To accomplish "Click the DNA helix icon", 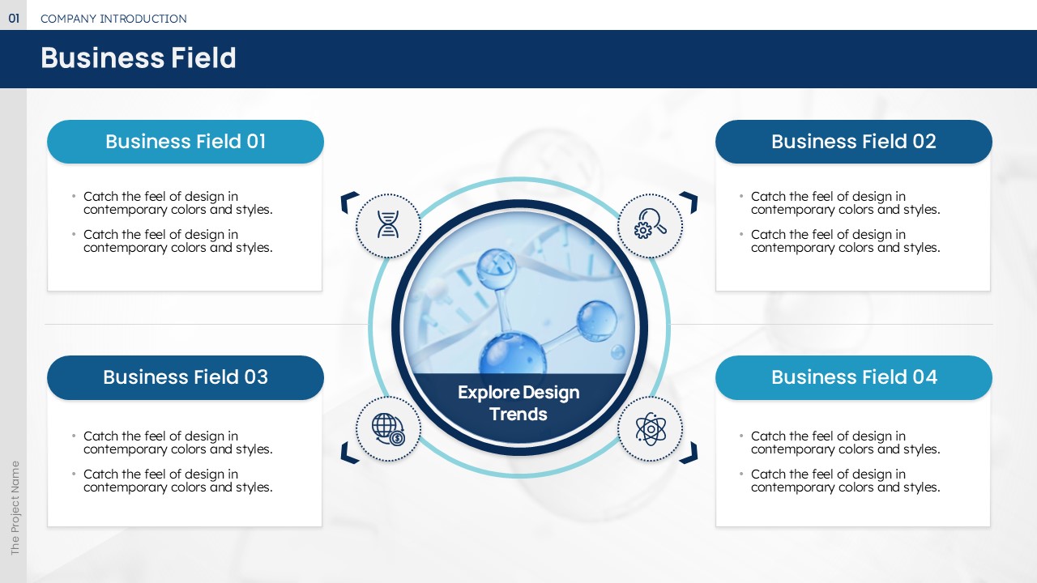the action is tap(388, 224).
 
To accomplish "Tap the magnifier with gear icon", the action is tap(650, 223).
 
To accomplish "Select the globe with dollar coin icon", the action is tap(388, 429).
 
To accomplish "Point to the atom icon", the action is tap(651, 429).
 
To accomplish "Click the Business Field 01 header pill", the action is tap(186, 142).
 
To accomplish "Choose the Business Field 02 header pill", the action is tap(853, 142).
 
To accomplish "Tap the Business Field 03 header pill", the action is tap(186, 377).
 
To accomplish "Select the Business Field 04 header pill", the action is tap(853, 377).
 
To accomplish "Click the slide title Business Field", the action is tap(139, 57).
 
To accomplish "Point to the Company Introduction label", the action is tap(113, 19).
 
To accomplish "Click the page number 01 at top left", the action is tap(14, 19).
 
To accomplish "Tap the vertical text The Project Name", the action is tap(15, 508).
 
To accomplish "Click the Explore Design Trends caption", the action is tap(518, 403).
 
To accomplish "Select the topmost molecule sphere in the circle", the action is tap(496, 268).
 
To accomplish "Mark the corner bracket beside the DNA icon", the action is tap(348, 201).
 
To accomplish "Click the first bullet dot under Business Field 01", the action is tap(74, 196).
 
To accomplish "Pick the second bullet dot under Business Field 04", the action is tap(741, 474).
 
